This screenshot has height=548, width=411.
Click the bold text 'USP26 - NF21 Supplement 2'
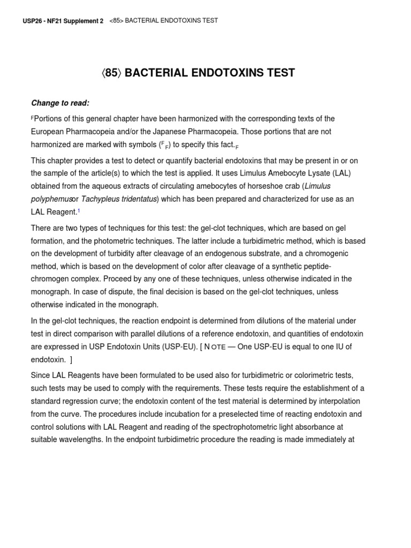(x=64, y=21)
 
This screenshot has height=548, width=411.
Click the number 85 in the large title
(x=111, y=73)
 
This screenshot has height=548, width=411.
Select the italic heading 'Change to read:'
(x=60, y=103)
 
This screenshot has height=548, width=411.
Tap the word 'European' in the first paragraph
(x=48, y=132)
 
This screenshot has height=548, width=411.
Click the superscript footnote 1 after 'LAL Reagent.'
(x=79, y=211)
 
